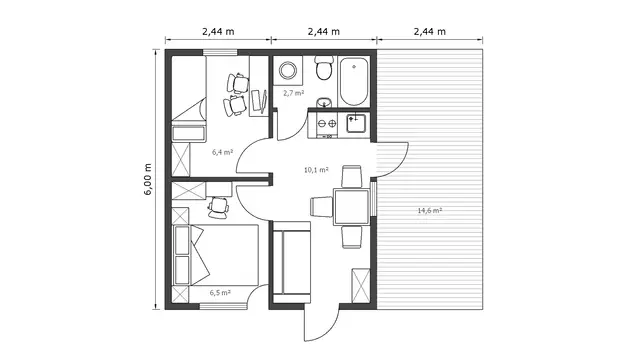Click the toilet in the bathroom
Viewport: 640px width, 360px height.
pyautogui.click(x=325, y=68)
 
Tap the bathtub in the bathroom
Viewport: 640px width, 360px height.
pyautogui.click(x=354, y=81)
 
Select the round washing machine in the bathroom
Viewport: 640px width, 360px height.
pyautogui.click(x=288, y=71)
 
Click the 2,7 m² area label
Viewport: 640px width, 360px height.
pyautogui.click(x=293, y=93)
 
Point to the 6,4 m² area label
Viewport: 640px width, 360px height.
pyautogui.click(x=222, y=152)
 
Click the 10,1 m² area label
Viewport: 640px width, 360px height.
pyautogui.click(x=316, y=170)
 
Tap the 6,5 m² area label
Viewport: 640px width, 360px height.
pyautogui.click(x=220, y=293)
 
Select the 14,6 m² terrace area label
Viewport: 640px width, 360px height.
pyautogui.click(x=430, y=211)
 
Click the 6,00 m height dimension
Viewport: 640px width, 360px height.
pyautogui.click(x=148, y=179)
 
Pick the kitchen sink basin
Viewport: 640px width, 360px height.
pyautogui.click(x=356, y=123)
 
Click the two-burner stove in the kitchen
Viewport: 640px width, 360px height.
pyautogui.click(x=327, y=124)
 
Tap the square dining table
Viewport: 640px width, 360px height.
pyautogui.click(x=351, y=207)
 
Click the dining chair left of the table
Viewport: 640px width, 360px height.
pyautogui.click(x=322, y=207)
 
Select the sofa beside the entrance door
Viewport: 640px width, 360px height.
pyautogui.click(x=291, y=262)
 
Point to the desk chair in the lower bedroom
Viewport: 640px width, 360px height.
pyautogui.click(x=218, y=207)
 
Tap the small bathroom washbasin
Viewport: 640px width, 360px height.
pyautogui.click(x=325, y=102)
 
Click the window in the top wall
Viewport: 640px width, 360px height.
pyautogui.click(x=220, y=52)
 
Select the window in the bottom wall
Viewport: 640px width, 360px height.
pyautogui.click(x=223, y=306)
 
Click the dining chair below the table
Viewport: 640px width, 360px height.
pyautogui.click(x=352, y=237)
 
